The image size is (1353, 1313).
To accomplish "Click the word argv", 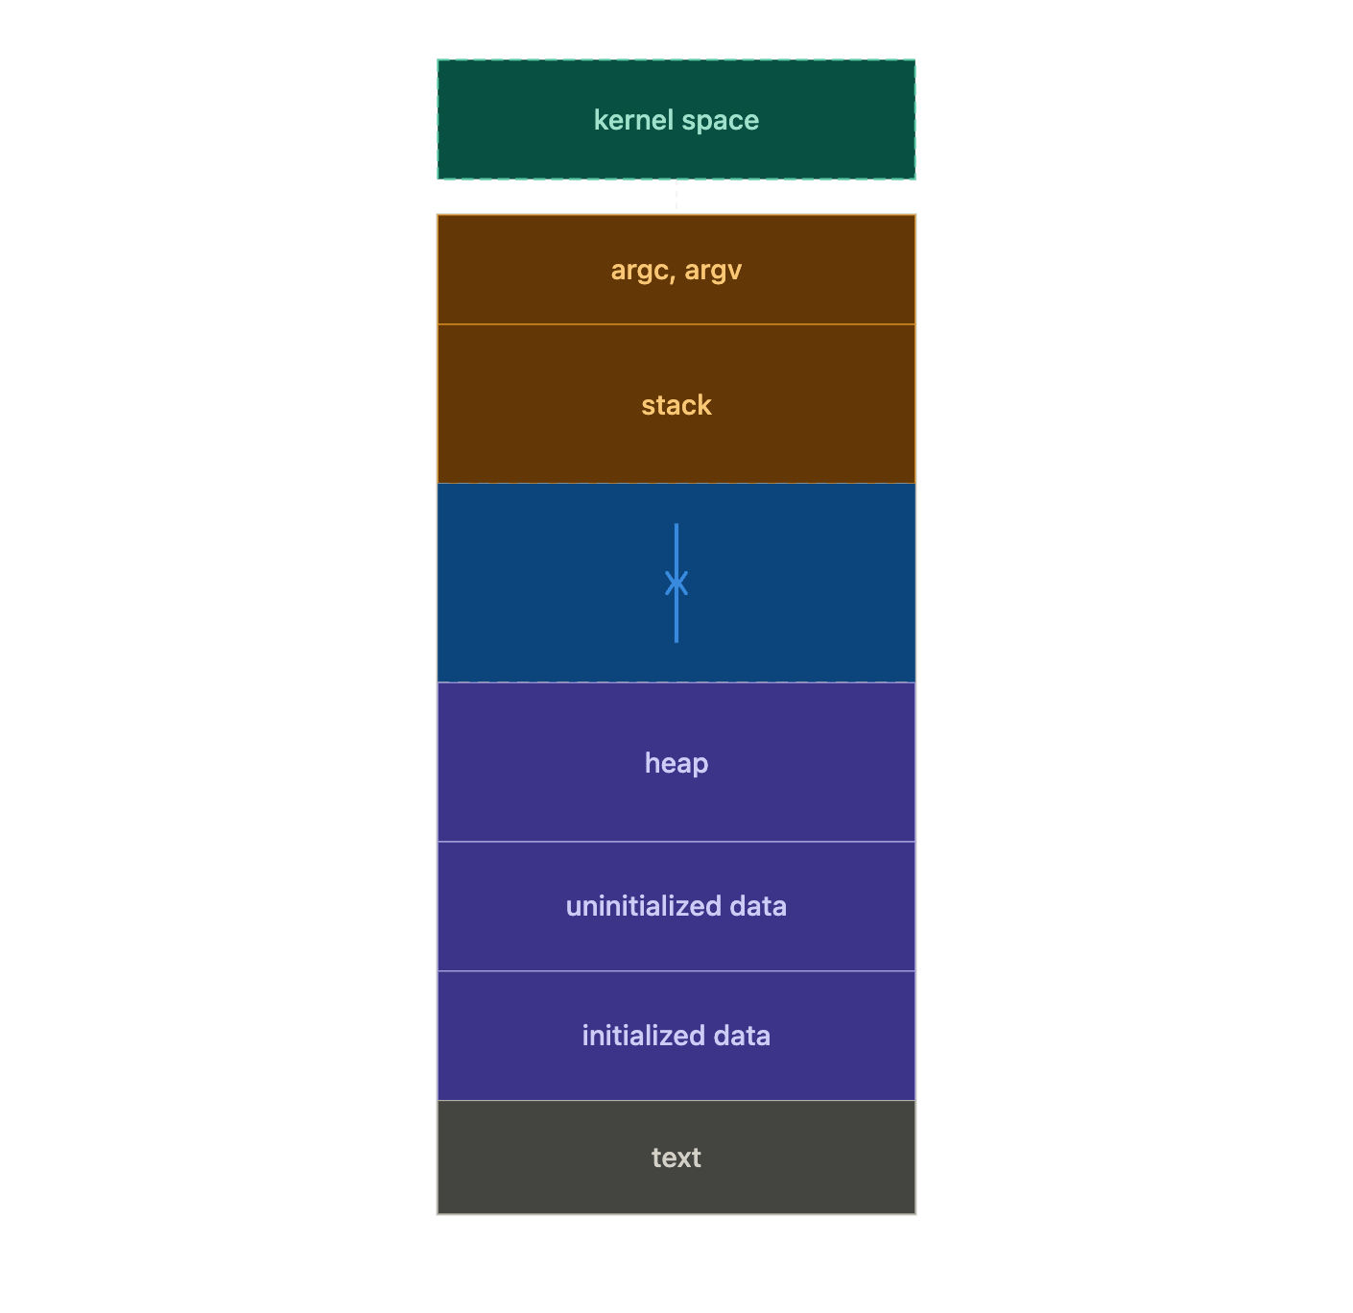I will tap(713, 271).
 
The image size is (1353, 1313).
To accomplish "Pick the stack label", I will tap(676, 405).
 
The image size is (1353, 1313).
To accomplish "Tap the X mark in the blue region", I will tap(676, 583).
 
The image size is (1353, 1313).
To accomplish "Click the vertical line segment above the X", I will tap(676, 547).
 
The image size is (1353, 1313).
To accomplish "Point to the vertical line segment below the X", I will tap(676, 619).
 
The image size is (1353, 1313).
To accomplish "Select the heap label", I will tap(676, 763).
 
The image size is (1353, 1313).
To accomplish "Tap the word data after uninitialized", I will tap(759, 906).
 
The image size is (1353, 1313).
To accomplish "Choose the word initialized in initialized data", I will tap(643, 1036).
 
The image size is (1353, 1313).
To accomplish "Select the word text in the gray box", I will tap(676, 1158).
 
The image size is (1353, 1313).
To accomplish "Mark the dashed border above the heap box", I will tap(576, 682).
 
